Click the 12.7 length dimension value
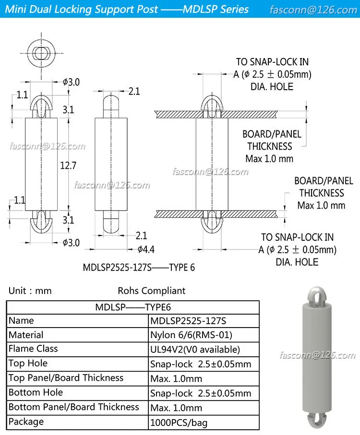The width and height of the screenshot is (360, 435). click(69, 166)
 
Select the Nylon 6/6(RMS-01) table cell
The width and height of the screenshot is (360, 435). click(191, 335)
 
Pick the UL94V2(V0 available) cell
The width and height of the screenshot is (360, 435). click(195, 350)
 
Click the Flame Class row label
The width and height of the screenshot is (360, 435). click(33, 349)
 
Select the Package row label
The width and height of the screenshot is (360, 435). click(26, 422)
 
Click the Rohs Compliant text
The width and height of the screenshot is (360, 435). click(151, 291)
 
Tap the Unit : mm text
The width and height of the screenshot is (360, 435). click(30, 291)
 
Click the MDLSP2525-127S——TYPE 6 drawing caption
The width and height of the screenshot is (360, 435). click(139, 268)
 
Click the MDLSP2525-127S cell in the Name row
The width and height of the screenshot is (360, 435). click(188, 320)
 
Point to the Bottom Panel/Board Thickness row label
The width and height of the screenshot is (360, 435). click(73, 407)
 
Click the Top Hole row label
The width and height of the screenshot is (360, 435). click(28, 363)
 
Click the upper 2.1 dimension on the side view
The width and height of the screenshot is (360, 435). click(134, 91)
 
